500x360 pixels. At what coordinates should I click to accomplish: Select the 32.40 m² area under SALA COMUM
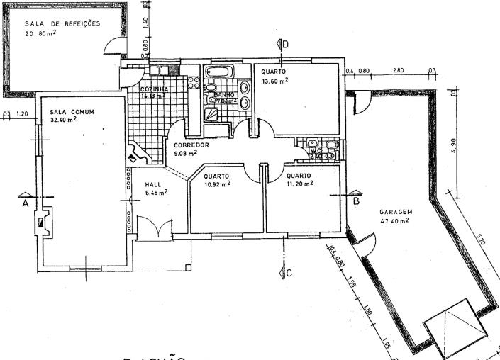click(63, 119)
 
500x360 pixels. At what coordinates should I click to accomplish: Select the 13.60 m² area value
click(273, 81)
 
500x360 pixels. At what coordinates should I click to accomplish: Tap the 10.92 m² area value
click(217, 184)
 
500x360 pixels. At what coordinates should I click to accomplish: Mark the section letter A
click(24, 201)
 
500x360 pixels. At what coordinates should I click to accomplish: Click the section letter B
click(357, 201)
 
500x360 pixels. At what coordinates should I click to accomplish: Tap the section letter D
click(285, 45)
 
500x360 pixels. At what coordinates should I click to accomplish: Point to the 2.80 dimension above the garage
click(399, 71)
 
